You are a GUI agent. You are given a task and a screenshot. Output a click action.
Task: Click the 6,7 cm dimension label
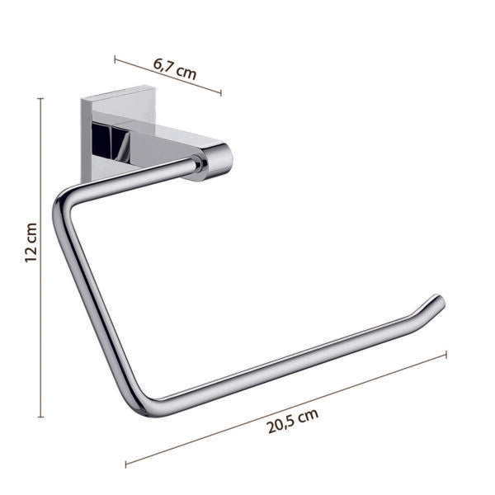click(x=175, y=68)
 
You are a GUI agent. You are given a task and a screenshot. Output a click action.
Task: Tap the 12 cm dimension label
click(x=31, y=243)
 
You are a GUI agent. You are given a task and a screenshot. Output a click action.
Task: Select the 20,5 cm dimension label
click(x=293, y=421)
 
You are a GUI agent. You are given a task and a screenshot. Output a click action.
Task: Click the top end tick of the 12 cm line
click(x=40, y=99)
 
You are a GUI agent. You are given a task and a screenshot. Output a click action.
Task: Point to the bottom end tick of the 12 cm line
click(x=40, y=417)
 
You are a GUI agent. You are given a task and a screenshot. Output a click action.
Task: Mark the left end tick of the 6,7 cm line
click(x=115, y=59)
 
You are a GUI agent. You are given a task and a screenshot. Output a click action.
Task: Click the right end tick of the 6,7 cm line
click(x=220, y=92)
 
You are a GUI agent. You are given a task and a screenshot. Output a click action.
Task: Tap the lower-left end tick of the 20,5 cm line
click(x=126, y=464)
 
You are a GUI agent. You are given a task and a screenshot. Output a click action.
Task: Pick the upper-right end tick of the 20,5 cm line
click(x=446, y=355)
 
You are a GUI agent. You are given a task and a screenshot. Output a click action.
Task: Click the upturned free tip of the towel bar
click(x=439, y=301)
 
